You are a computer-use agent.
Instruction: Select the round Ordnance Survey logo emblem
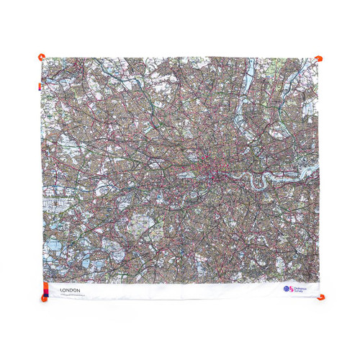click(x=287, y=289)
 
